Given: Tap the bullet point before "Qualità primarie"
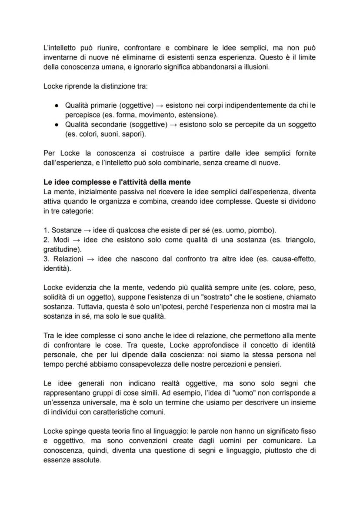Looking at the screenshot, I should pyautogui.click(x=57, y=106).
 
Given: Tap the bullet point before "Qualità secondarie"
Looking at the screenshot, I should pyautogui.click(x=57, y=125).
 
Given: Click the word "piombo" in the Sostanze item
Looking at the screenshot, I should pyautogui.click(x=263, y=229).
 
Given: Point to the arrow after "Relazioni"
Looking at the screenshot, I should pyautogui.click(x=90, y=259).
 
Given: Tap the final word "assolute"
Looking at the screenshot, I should pyautogui.click(x=86, y=460).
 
